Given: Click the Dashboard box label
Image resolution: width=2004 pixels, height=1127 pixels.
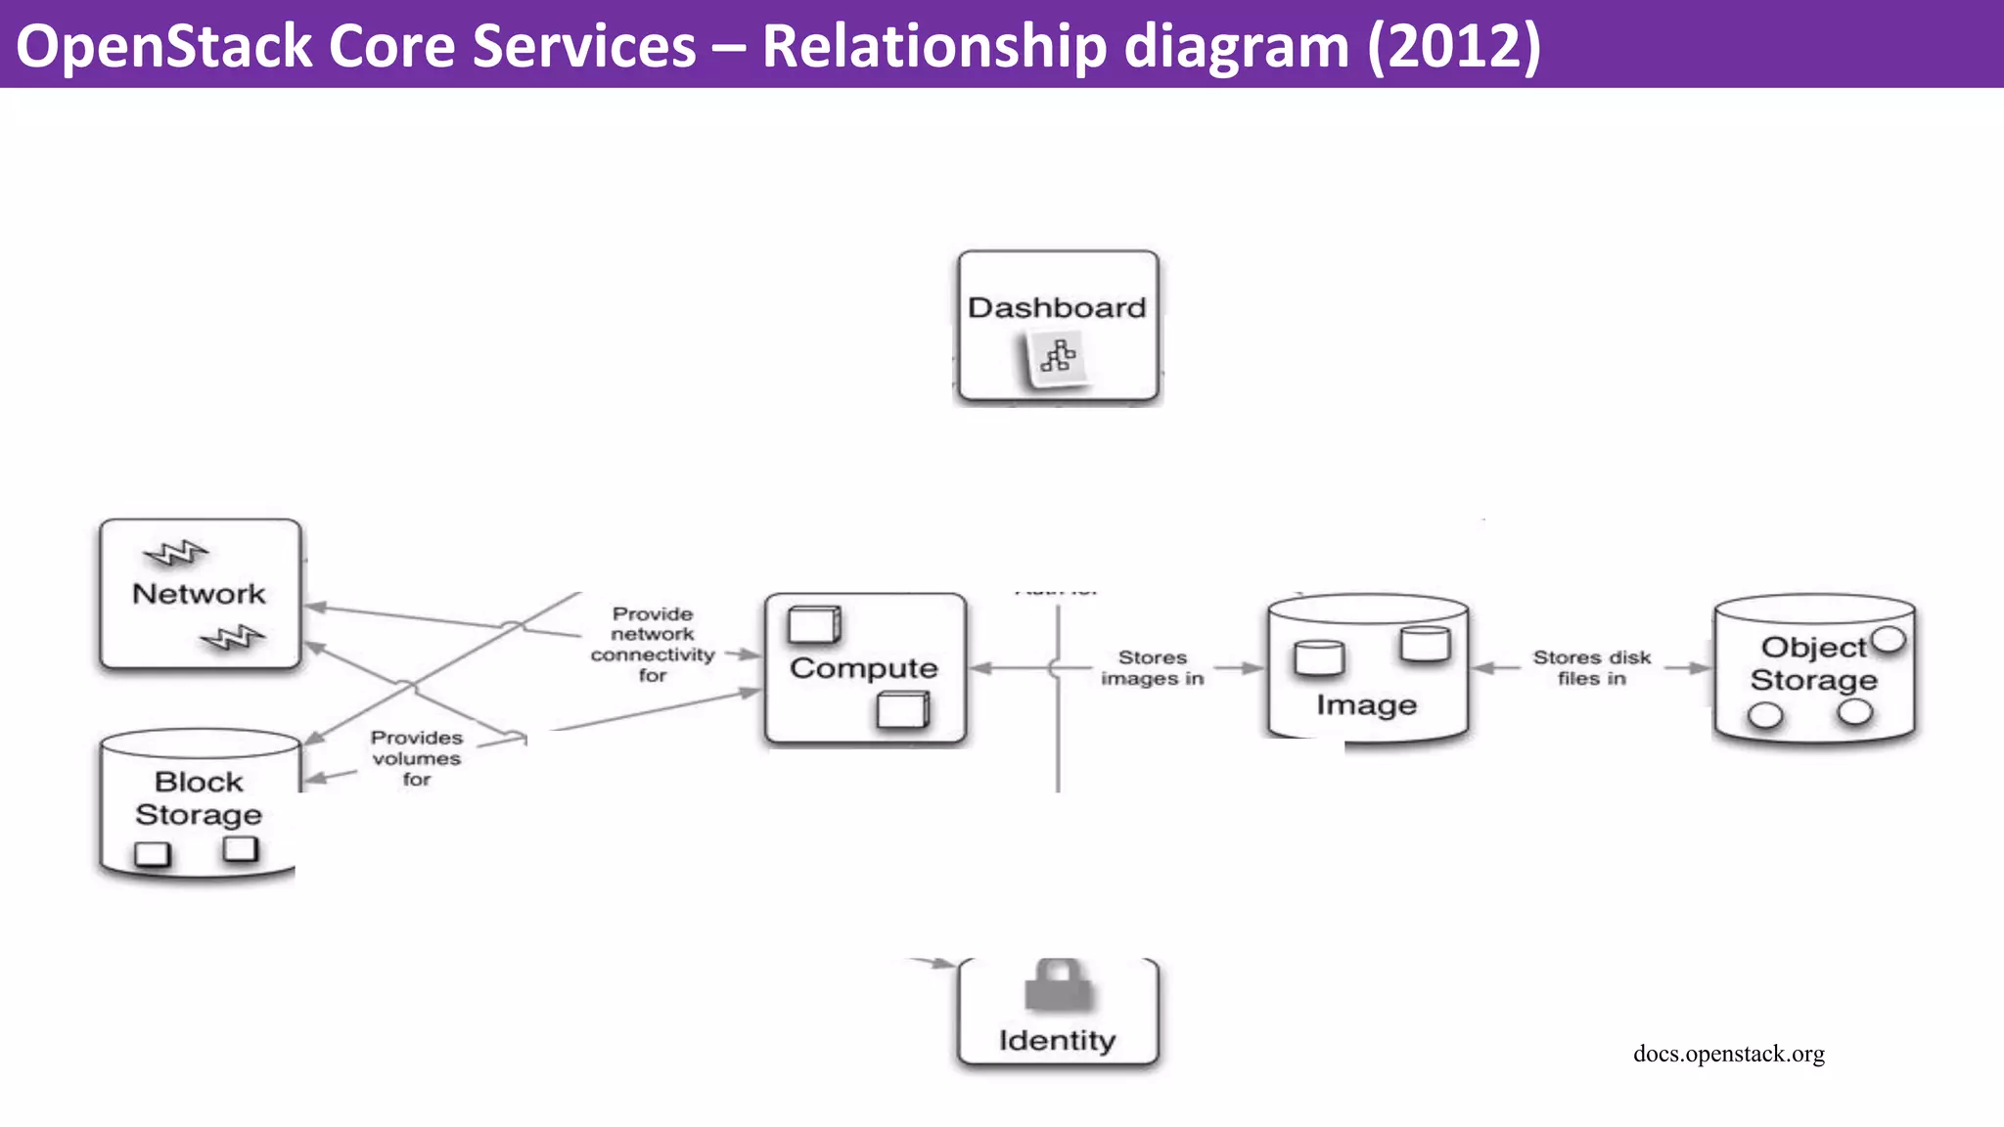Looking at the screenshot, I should click(1057, 307).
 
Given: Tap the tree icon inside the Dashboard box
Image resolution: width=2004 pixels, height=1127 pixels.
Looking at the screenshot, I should click(1057, 356).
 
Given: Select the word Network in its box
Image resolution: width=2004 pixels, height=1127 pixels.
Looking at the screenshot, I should click(199, 594).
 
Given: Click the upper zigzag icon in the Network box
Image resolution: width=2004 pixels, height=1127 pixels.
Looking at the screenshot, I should click(176, 554).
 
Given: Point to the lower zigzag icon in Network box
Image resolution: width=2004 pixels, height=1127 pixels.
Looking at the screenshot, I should click(232, 638).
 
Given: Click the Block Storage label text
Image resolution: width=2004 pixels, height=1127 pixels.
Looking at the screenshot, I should click(199, 798).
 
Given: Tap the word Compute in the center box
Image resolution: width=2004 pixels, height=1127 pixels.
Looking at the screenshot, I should click(863, 668).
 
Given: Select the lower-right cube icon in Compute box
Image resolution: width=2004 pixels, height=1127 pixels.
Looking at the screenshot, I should click(902, 709).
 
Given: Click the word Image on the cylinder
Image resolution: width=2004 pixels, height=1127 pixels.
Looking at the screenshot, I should click(1366, 704).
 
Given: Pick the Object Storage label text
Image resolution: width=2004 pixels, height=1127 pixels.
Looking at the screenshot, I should click(1813, 663).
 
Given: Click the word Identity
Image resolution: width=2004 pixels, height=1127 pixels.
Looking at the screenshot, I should click(1057, 1040).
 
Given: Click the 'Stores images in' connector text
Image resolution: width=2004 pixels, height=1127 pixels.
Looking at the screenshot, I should click(1152, 668).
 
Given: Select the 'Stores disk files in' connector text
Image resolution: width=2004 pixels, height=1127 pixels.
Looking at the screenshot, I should click(1591, 668).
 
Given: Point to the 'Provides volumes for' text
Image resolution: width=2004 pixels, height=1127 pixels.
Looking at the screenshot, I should click(417, 758).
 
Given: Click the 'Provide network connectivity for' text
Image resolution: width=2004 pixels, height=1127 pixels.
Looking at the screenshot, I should click(652, 644).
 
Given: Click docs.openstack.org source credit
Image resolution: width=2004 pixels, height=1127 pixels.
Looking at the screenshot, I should click(1728, 1054).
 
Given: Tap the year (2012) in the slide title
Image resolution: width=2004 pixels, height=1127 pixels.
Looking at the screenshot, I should click(1453, 46).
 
